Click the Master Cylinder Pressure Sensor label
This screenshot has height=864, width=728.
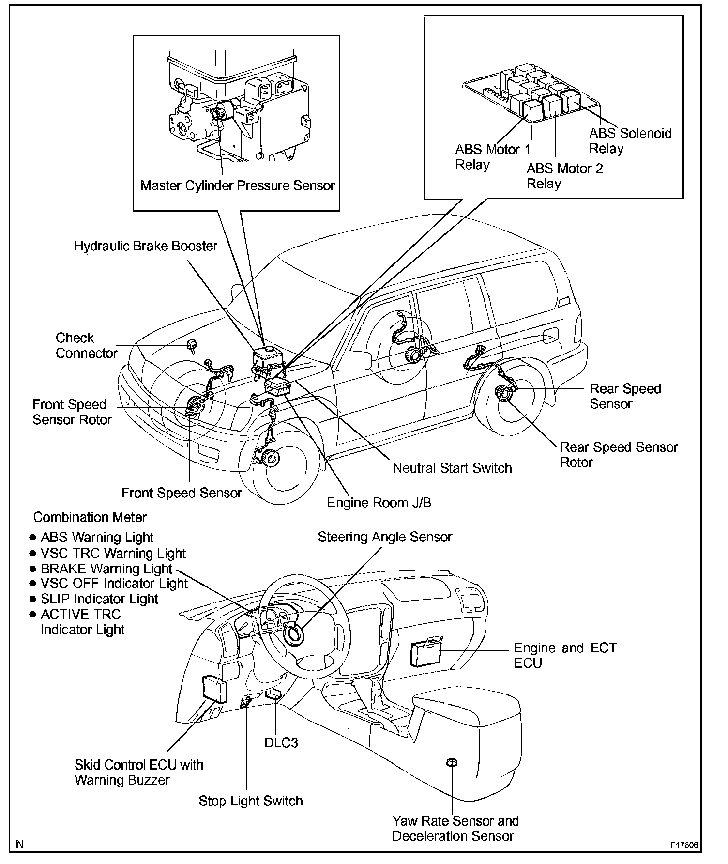(x=237, y=186)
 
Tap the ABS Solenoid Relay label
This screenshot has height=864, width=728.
(x=630, y=140)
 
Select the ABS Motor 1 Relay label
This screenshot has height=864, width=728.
(x=492, y=157)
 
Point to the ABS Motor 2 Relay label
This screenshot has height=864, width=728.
(x=564, y=176)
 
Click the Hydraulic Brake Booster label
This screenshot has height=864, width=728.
(x=146, y=246)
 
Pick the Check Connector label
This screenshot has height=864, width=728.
(x=86, y=345)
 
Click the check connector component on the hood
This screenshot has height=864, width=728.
(x=192, y=345)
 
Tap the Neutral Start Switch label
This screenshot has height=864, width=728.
(x=452, y=468)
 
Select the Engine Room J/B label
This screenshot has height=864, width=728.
(x=379, y=503)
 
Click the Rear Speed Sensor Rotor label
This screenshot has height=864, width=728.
(x=618, y=454)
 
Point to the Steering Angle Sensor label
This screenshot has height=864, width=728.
(x=384, y=537)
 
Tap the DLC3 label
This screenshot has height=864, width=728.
(x=281, y=743)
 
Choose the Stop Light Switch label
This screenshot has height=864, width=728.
(x=251, y=801)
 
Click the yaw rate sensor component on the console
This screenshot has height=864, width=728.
(x=452, y=763)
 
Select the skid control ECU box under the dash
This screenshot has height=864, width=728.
(x=214, y=689)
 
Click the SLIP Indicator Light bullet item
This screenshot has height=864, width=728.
(x=99, y=599)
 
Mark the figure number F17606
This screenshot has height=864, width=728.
(x=684, y=845)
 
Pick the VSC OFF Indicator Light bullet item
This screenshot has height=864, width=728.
(x=113, y=584)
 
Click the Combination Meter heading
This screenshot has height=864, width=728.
(x=90, y=517)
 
